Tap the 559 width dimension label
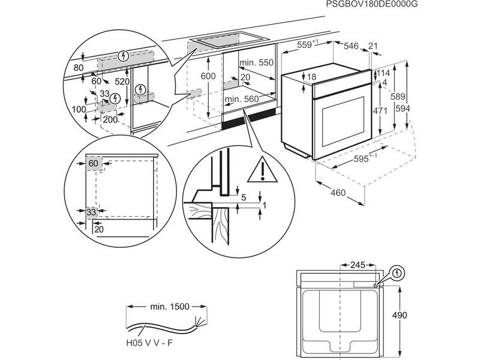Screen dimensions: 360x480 [x=308, y=44]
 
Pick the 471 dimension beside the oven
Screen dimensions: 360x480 [x=379, y=111]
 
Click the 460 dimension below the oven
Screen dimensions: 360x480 [x=338, y=193]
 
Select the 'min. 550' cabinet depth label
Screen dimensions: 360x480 [x=256, y=62]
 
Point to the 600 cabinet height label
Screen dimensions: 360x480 [x=208, y=77]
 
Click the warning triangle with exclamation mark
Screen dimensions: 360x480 [x=262, y=170]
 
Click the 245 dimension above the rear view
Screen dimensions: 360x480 [x=358, y=264]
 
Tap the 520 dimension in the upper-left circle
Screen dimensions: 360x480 [x=123, y=81]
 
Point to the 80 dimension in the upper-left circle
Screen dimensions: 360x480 [x=79, y=68]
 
